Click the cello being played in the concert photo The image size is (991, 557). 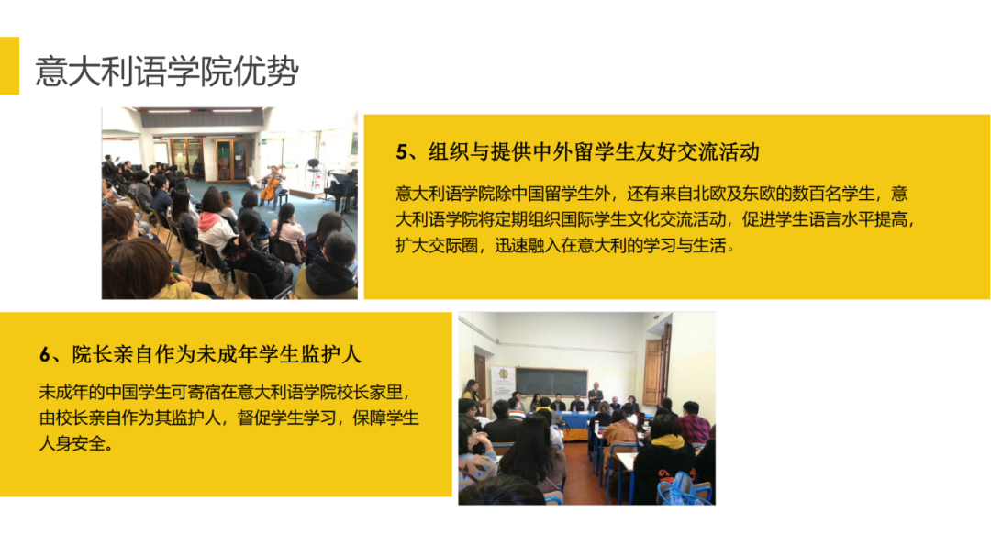270,188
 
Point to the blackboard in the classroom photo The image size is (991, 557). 551,382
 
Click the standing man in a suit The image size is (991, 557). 595,395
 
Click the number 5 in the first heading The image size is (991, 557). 400,151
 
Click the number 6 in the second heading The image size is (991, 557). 44,354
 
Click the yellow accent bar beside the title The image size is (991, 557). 9,65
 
